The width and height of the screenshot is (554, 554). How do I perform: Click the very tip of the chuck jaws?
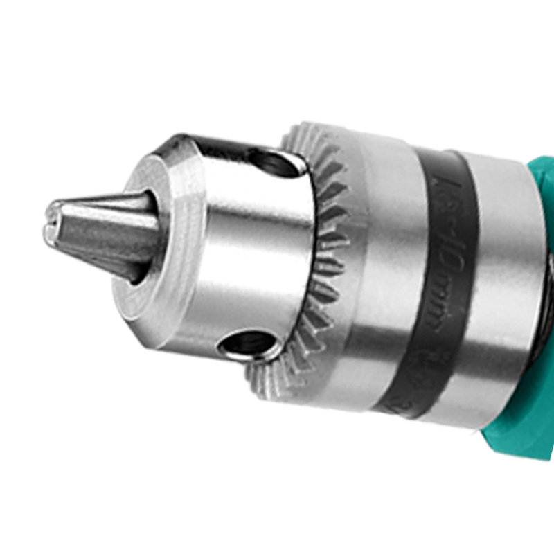(51, 220)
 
